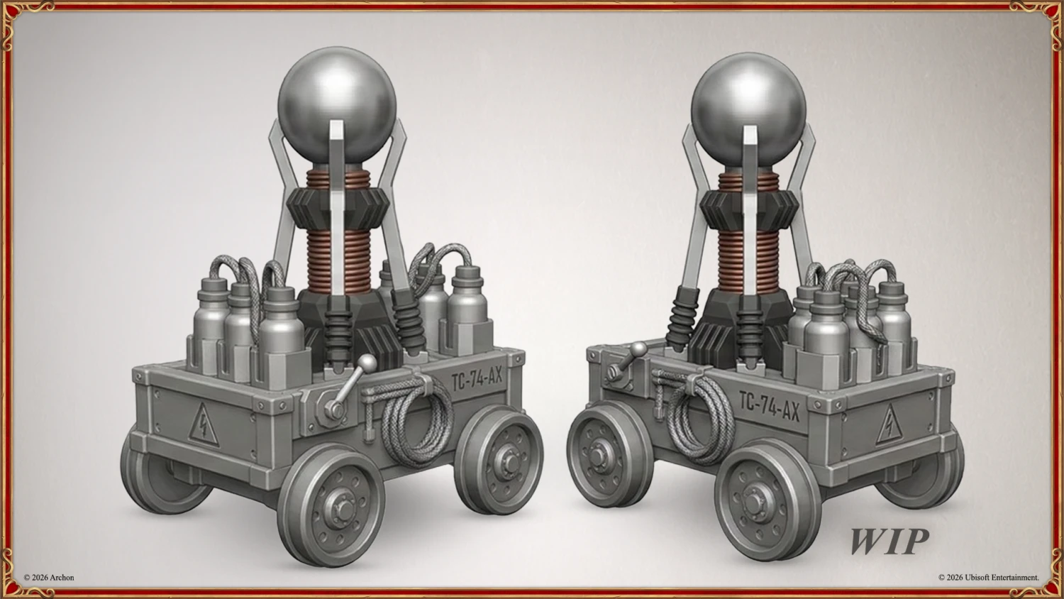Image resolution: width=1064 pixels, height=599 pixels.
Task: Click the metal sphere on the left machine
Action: coord(337,105)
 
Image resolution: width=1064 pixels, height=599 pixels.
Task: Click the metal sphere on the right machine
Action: coord(748,110)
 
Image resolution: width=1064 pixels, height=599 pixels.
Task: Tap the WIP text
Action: coord(889,542)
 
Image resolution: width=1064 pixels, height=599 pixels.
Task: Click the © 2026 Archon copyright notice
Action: coord(49,578)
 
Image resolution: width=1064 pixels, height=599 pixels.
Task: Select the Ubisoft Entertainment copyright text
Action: coord(989,578)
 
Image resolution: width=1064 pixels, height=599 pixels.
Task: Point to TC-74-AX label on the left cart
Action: coord(477,379)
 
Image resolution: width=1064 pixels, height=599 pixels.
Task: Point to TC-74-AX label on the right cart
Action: coord(770,405)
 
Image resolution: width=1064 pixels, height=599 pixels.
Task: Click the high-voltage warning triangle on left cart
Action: coord(204,425)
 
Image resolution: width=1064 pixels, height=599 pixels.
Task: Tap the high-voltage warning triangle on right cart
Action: coord(889,424)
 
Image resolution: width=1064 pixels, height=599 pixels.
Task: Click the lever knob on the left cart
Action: coord(367,363)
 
